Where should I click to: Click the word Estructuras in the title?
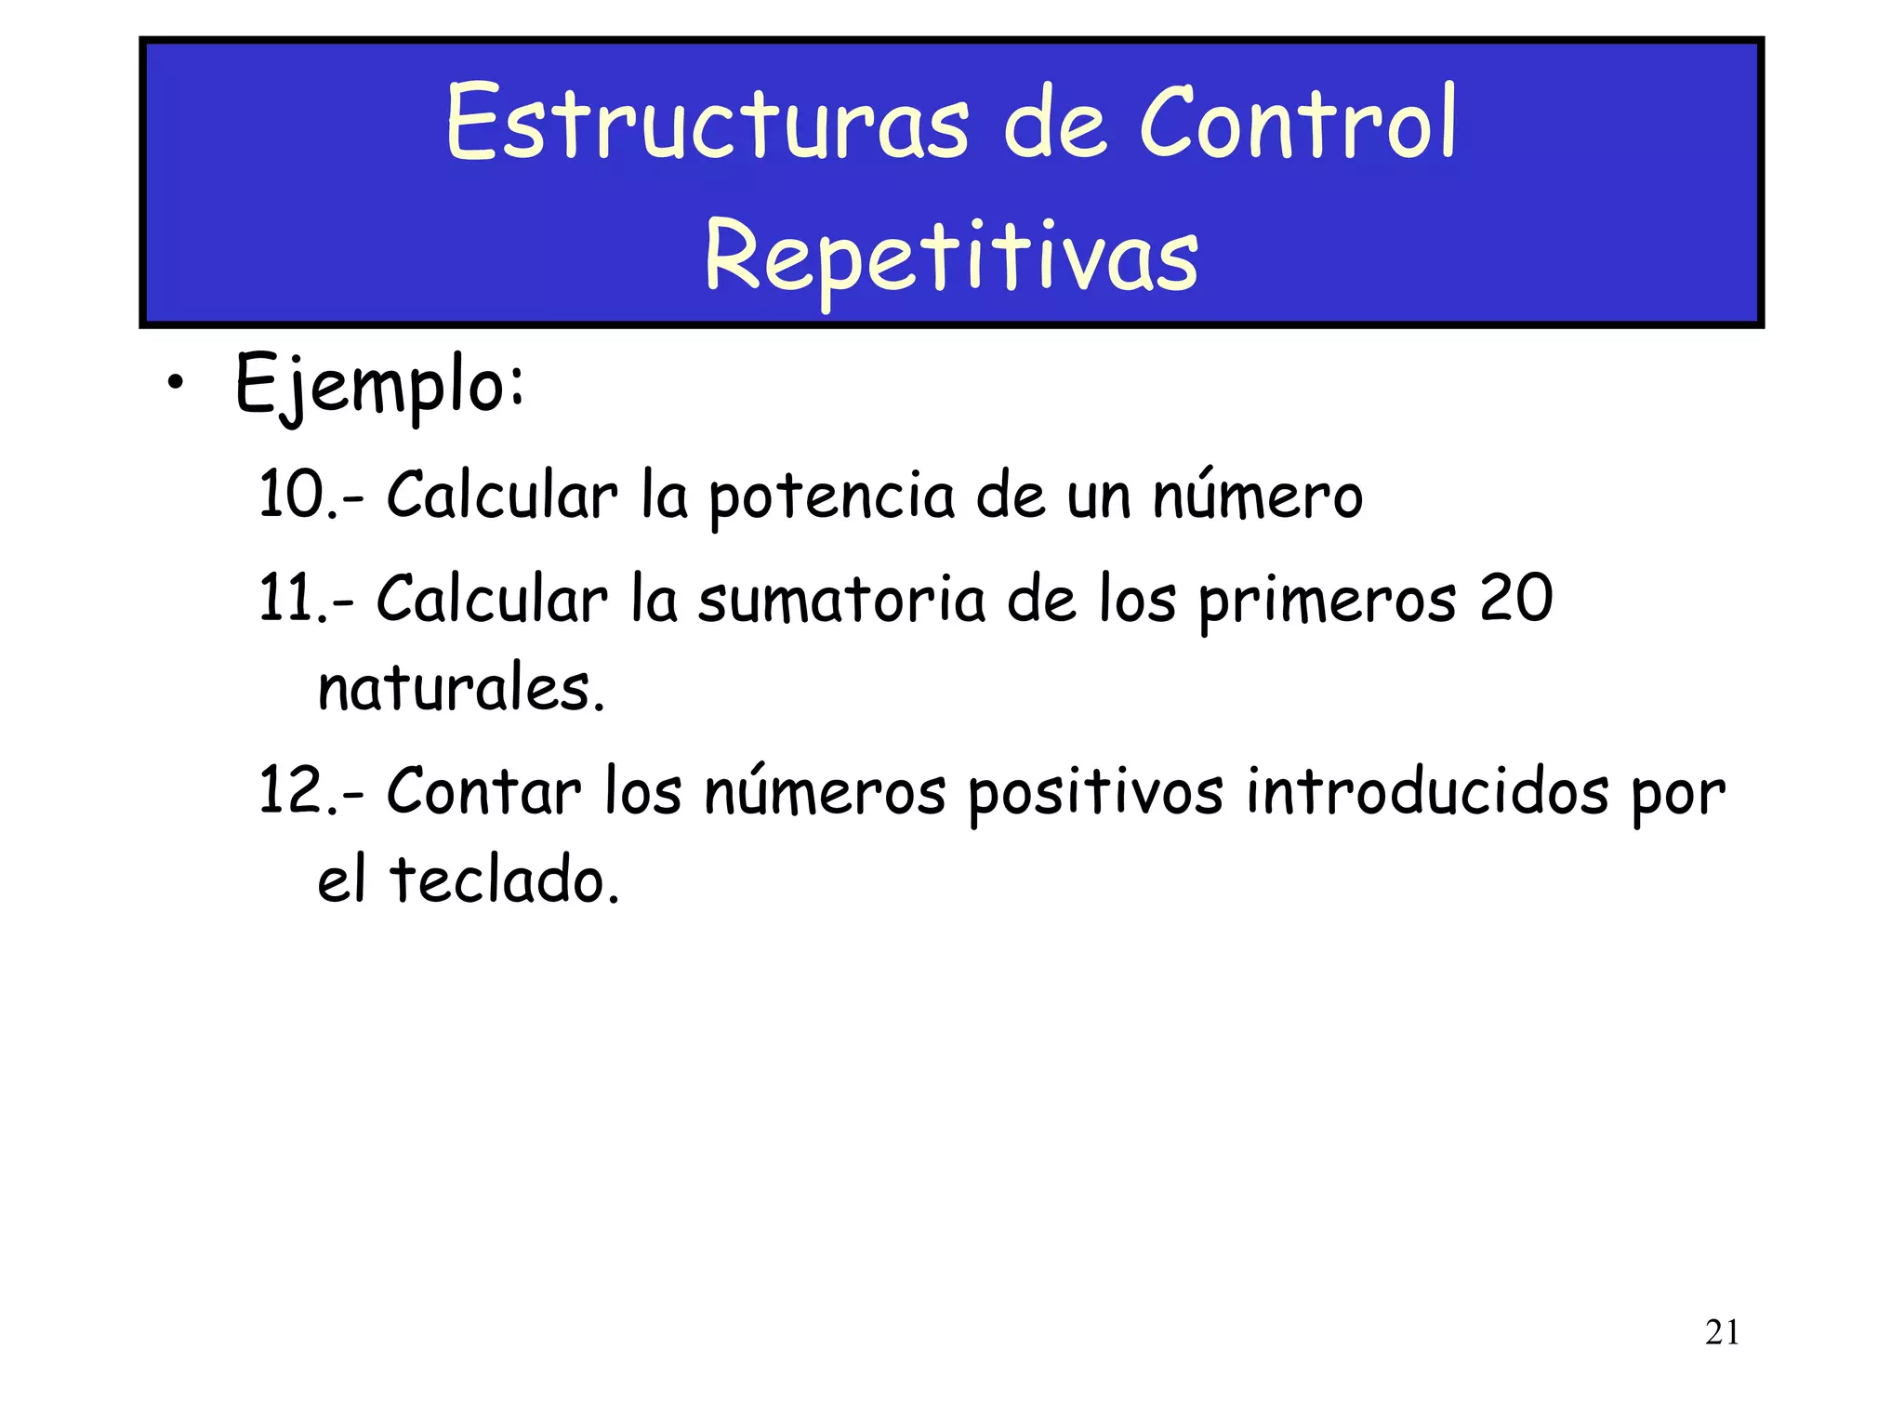click(707, 124)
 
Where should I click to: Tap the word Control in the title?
click(1298, 124)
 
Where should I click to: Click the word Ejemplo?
click(379, 385)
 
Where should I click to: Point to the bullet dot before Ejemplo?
click(176, 384)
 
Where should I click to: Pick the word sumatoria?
click(840, 600)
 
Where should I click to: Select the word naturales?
click(460, 689)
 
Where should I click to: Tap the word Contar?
click(483, 791)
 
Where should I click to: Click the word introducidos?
click(1427, 791)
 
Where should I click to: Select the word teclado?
click(504, 879)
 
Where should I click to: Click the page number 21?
click(1722, 1332)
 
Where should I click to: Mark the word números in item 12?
click(825, 791)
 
